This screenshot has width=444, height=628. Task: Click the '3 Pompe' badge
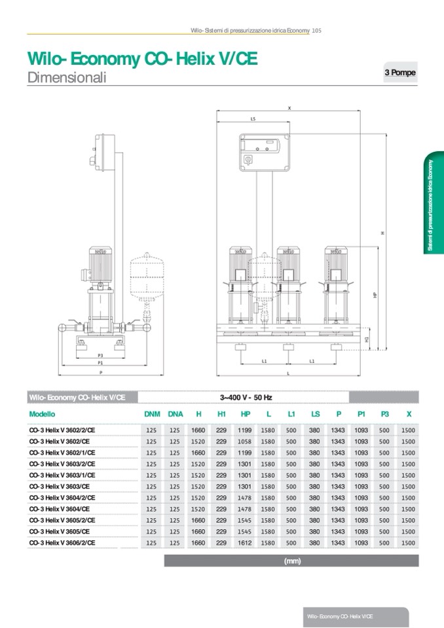[399, 73]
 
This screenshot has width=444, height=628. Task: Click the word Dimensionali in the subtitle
[67, 77]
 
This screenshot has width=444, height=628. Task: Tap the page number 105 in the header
[316, 30]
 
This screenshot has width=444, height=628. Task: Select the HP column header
[246, 414]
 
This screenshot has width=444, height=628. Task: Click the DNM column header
[152, 414]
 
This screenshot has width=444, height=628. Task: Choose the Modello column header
[43, 414]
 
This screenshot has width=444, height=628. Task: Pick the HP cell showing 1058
[246, 441]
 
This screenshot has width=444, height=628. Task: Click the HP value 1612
[246, 543]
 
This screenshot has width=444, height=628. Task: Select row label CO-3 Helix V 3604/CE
[60, 509]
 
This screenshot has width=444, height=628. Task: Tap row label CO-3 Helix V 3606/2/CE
[63, 543]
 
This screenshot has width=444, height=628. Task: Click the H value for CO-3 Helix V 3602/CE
[198, 441]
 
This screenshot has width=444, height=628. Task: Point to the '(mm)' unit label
[292, 561]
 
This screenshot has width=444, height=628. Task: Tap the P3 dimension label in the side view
[100, 355]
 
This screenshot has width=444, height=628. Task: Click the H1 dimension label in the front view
[367, 339]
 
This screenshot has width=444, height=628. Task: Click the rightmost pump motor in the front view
[335, 259]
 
